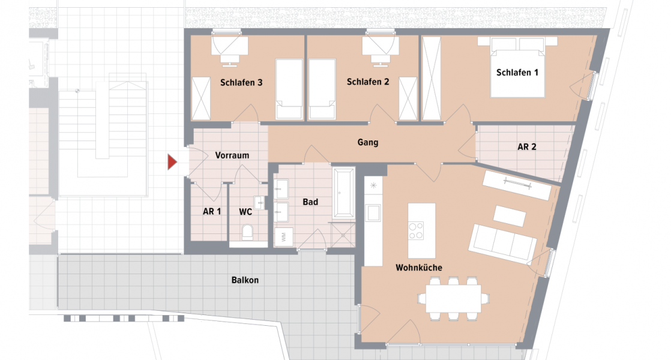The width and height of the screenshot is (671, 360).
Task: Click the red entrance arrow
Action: point(172,161)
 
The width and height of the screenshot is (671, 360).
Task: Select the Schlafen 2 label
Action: point(368,82)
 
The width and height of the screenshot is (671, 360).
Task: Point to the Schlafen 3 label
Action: point(241,83)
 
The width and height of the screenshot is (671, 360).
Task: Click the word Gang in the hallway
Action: point(367,143)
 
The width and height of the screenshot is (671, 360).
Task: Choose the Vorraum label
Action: point(232,155)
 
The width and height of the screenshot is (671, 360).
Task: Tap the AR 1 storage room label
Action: point(212,212)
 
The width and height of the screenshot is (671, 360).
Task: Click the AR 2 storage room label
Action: point(526,146)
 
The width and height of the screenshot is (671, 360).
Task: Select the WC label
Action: point(245,212)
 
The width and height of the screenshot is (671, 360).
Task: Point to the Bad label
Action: point(310,202)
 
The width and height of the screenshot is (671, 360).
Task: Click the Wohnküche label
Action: point(418,267)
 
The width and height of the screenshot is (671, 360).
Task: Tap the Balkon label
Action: point(245,280)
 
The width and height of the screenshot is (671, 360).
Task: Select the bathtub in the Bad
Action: point(345,193)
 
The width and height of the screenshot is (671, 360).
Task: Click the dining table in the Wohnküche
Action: point(454,296)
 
